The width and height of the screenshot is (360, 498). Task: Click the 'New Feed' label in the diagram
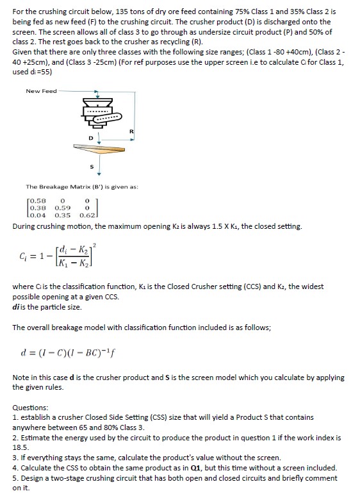coord(41,91)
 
